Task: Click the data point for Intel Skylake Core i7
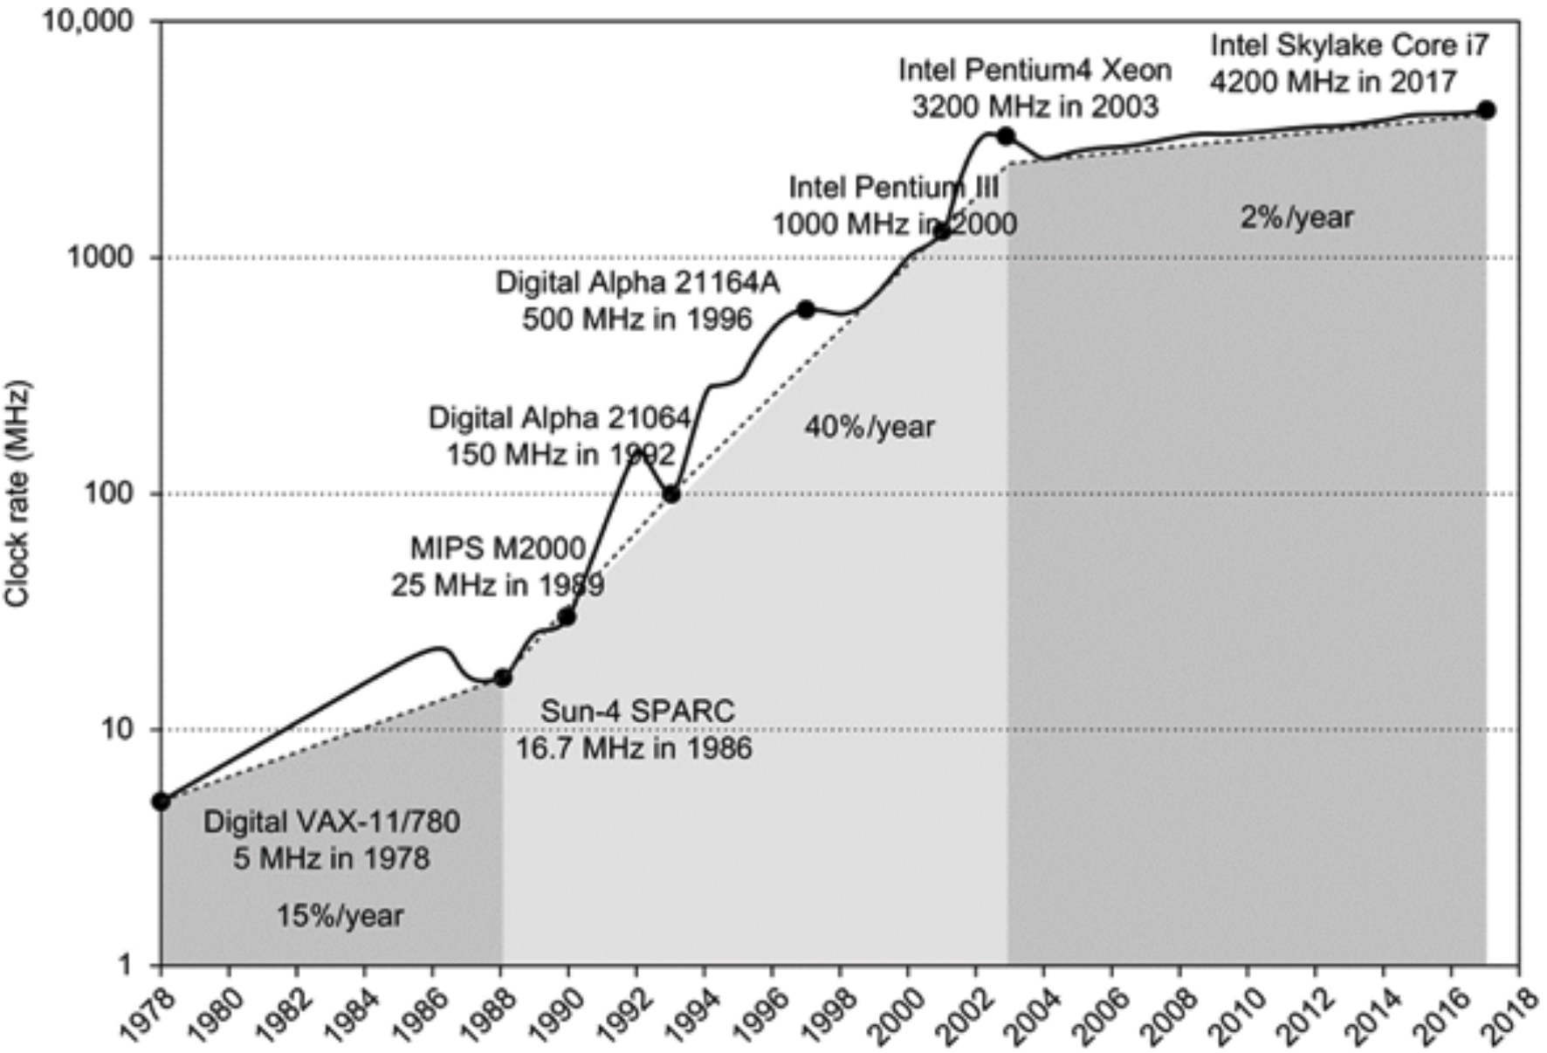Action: coord(1486,110)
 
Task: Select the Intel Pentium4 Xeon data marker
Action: coord(1006,135)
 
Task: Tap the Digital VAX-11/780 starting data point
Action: coord(162,802)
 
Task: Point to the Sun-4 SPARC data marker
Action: coord(503,678)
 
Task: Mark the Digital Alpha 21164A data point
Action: coord(806,309)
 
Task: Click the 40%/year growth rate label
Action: coord(869,427)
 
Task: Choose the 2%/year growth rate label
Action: coord(1296,217)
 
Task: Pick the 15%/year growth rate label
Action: coord(340,916)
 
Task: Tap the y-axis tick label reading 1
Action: coord(125,965)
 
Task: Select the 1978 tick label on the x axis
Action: coord(148,1015)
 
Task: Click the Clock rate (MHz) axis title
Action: coord(17,493)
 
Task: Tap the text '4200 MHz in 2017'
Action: coord(1333,82)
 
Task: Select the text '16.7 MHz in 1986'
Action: coord(633,748)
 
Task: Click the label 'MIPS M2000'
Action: coord(498,548)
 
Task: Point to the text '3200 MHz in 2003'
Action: coord(1035,107)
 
